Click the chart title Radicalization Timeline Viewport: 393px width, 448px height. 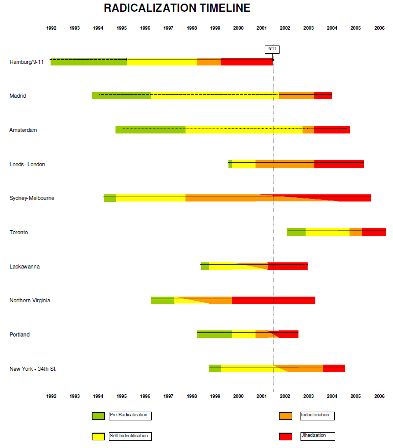click(177, 8)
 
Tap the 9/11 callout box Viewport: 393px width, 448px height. click(272, 49)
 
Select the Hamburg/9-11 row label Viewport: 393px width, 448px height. click(27, 62)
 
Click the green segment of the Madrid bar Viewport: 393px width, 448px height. click(121, 96)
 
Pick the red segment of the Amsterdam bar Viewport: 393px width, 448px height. click(332, 130)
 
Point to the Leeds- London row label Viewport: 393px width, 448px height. click(27, 164)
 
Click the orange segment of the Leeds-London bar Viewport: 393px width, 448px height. click(285, 164)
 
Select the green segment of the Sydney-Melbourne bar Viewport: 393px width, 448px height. click(110, 198)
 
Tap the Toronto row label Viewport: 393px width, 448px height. click(18, 232)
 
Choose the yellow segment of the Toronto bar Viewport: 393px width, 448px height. click(327, 232)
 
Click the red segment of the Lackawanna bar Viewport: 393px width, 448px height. click(288, 266)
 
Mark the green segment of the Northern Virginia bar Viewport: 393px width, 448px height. click(163, 300)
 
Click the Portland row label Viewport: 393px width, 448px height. click(19, 334)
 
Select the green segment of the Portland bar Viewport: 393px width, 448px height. click(214, 334)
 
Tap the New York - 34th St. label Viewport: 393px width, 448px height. click(33, 369)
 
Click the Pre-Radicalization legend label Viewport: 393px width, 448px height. click(129, 415)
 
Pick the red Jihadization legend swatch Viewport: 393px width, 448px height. click(285, 436)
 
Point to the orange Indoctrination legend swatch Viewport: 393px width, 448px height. click(285, 416)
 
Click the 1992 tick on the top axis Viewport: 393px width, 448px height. click(51, 28)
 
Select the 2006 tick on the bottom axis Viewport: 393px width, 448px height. click(379, 396)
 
